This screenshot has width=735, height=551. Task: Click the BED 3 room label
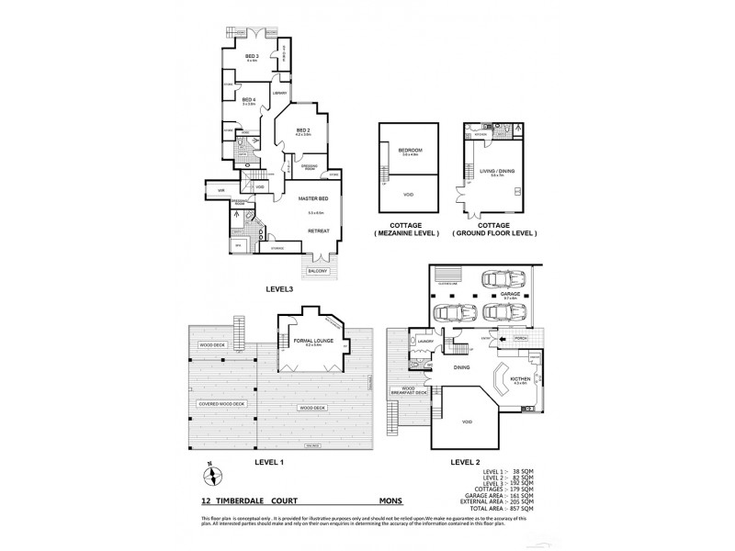click(251, 57)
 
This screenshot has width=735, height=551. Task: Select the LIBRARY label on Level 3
click(280, 93)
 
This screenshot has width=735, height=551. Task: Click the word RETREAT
click(317, 231)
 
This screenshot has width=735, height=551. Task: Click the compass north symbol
click(211, 475)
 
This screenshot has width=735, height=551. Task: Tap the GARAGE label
click(510, 295)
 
